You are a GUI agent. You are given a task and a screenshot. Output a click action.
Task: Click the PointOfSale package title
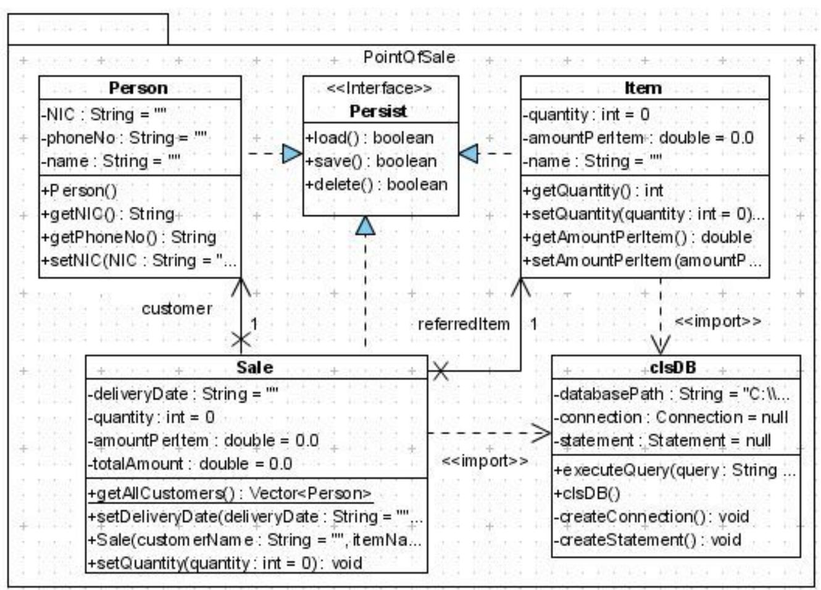409,57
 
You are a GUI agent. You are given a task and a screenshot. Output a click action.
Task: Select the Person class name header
138,88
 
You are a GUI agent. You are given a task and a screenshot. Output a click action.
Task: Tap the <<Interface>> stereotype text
380,88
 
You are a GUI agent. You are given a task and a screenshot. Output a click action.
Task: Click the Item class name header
643,88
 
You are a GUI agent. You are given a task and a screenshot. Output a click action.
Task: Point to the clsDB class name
673,368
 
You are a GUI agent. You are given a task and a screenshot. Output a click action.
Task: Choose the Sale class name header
254,368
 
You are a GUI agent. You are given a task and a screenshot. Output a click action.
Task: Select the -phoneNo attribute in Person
123,138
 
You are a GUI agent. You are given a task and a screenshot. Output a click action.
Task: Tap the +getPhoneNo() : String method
128,238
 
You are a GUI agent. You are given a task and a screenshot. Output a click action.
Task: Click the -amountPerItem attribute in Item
638,138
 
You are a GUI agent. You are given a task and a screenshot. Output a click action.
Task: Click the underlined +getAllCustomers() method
230,493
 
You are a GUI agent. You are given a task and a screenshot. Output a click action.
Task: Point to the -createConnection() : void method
651,517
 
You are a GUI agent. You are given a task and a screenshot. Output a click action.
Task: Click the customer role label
177,309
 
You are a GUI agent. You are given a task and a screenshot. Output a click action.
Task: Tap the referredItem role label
464,324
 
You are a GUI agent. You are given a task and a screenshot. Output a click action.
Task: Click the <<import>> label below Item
717,322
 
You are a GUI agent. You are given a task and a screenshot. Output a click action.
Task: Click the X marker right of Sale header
440,371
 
